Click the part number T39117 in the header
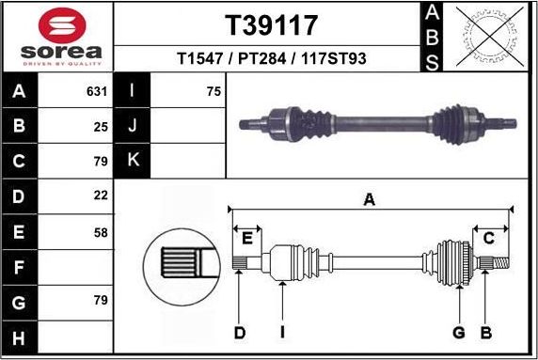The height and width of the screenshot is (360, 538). (x=271, y=24)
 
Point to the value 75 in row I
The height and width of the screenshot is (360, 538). (x=214, y=92)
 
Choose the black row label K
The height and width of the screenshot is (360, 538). (x=133, y=160)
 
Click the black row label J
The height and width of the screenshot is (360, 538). (x=133, y=125)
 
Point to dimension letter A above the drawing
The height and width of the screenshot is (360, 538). (x=370, y=198)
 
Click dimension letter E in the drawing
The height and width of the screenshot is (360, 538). (x=248, y=237)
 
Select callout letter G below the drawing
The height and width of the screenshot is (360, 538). (x=459, y=332)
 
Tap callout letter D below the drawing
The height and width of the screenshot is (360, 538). (x=240, y=332)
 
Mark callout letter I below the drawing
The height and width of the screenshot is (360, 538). (x=282, y=332)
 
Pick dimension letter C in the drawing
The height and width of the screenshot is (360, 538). (x=488, y=238)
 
